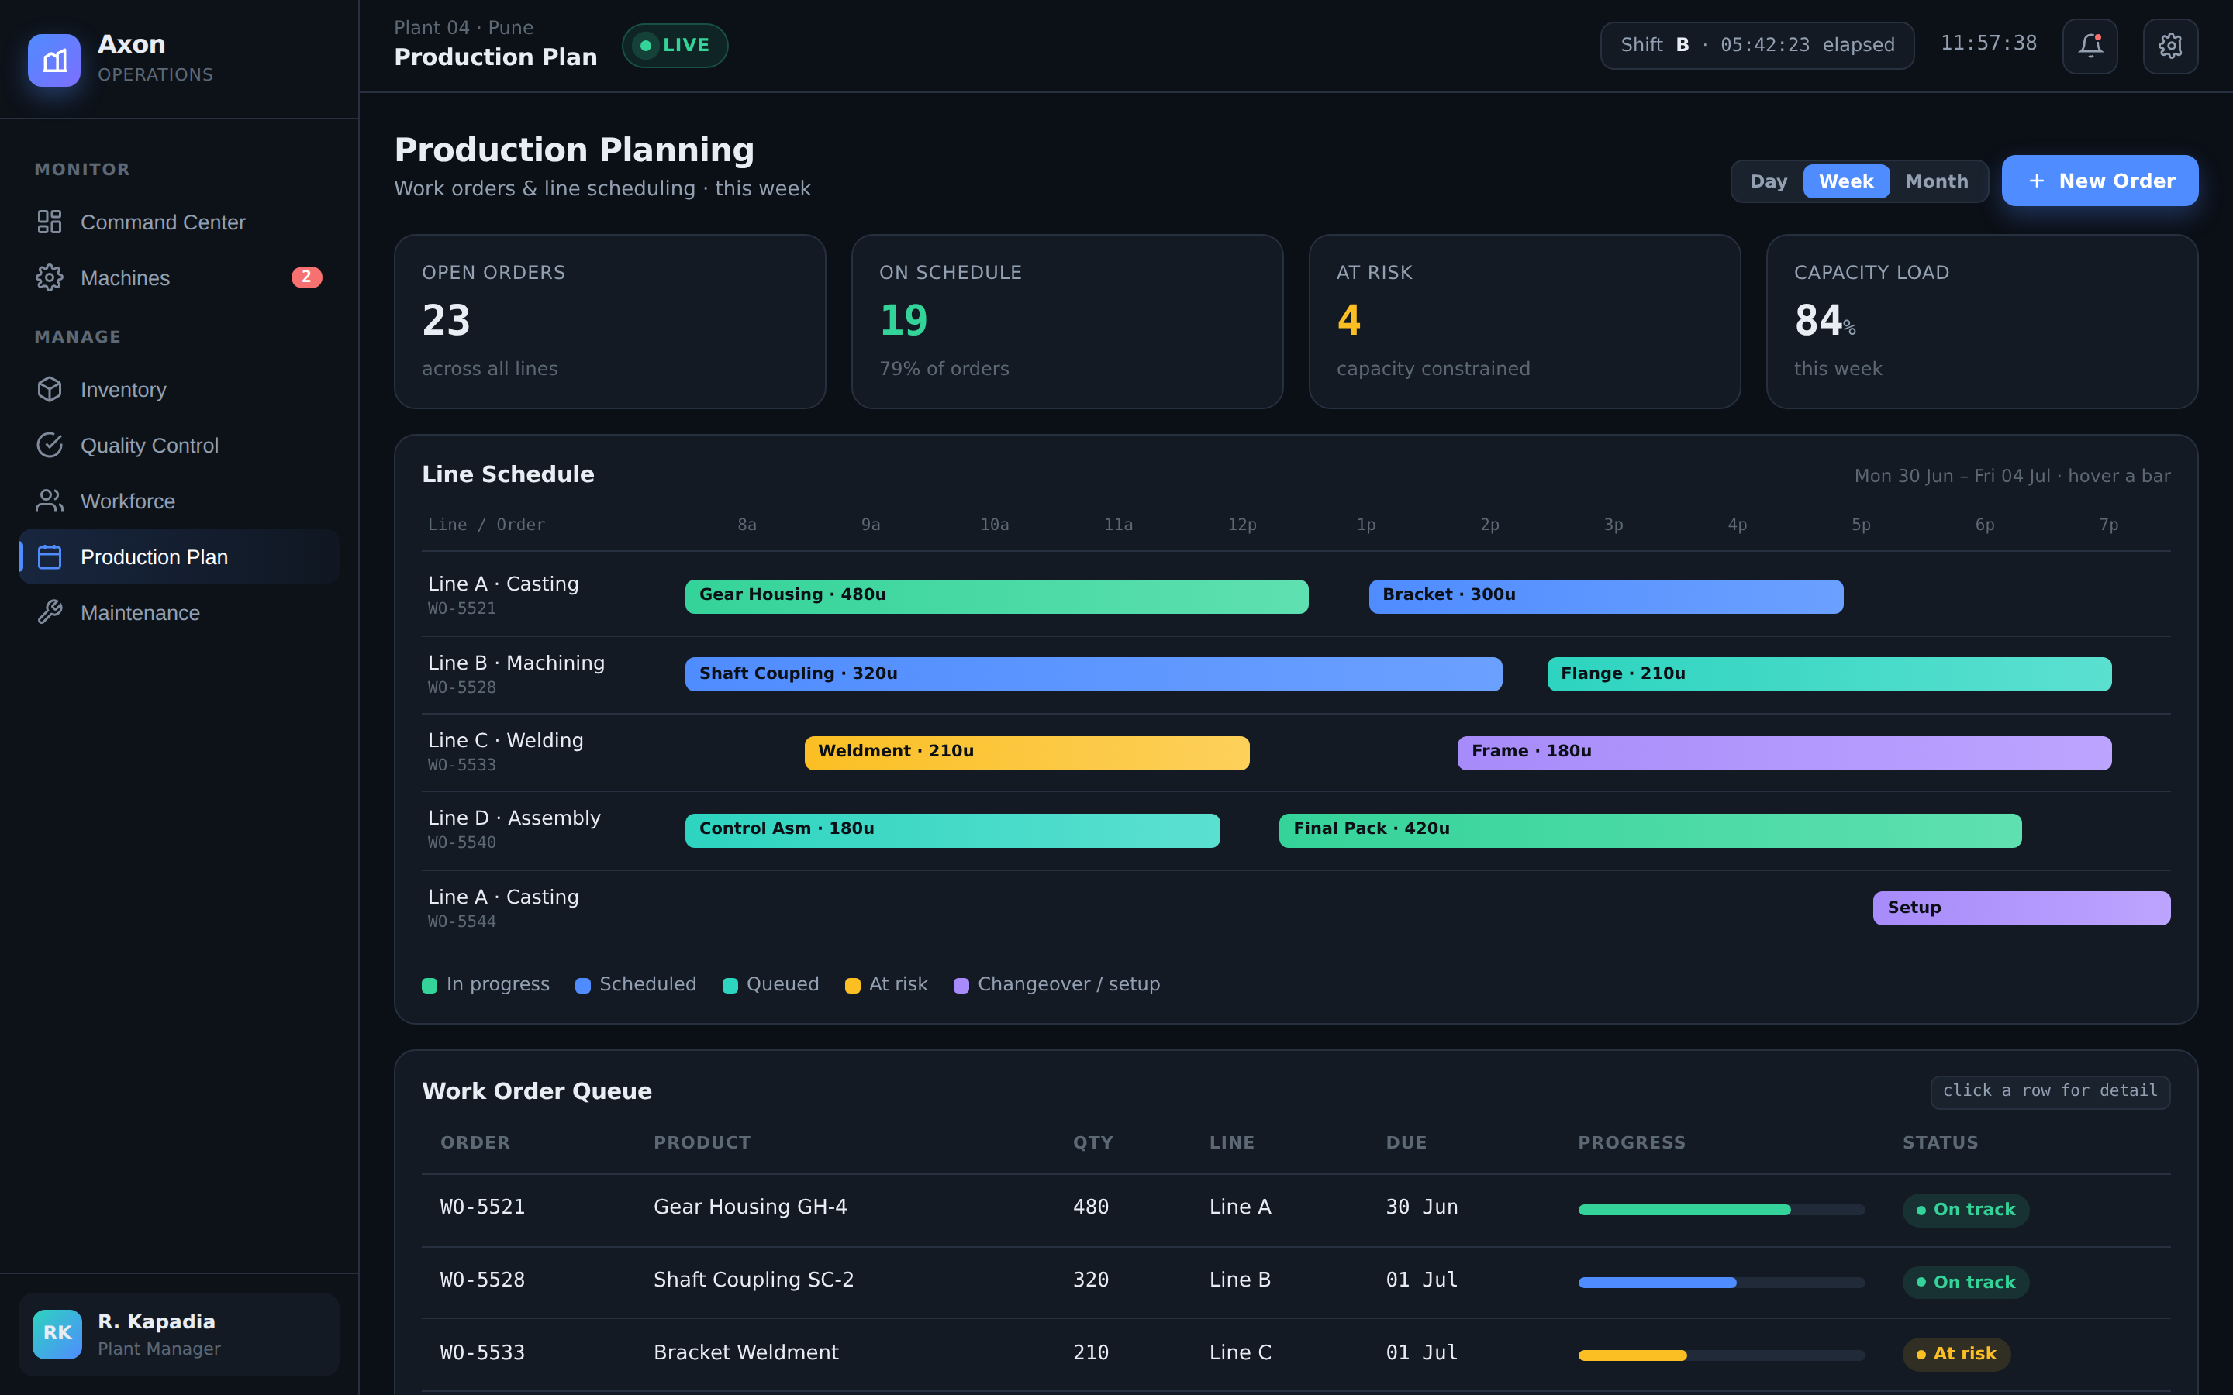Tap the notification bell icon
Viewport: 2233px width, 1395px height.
tap(2090, 45)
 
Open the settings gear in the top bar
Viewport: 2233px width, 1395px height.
tap(2170, 45)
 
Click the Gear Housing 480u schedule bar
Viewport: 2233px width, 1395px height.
tap(996, 596)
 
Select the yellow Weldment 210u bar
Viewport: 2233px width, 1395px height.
tap(1027, 753)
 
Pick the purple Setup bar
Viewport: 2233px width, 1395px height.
tap(2021, 908)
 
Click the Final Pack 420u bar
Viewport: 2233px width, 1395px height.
tap(1650, 830)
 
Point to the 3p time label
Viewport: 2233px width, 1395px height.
tap(1613, 525)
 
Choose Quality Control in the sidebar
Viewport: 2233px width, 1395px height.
tap(150, 446)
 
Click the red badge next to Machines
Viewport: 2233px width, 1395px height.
tap(306, 277)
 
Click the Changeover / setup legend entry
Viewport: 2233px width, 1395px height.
tap(1057, 984)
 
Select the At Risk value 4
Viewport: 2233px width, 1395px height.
tap(1348, 320)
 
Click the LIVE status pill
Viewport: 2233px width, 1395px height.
tap(675, 45)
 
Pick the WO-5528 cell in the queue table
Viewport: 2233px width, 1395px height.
tap(482, 1280)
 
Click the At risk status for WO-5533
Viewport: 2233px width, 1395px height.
tap(1956, 1353)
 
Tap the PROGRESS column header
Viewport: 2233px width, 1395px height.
tap(1631, 1142)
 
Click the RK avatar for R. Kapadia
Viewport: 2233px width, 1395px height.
tap(57, 1334)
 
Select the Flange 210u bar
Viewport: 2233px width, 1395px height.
tap(1829, 674)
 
